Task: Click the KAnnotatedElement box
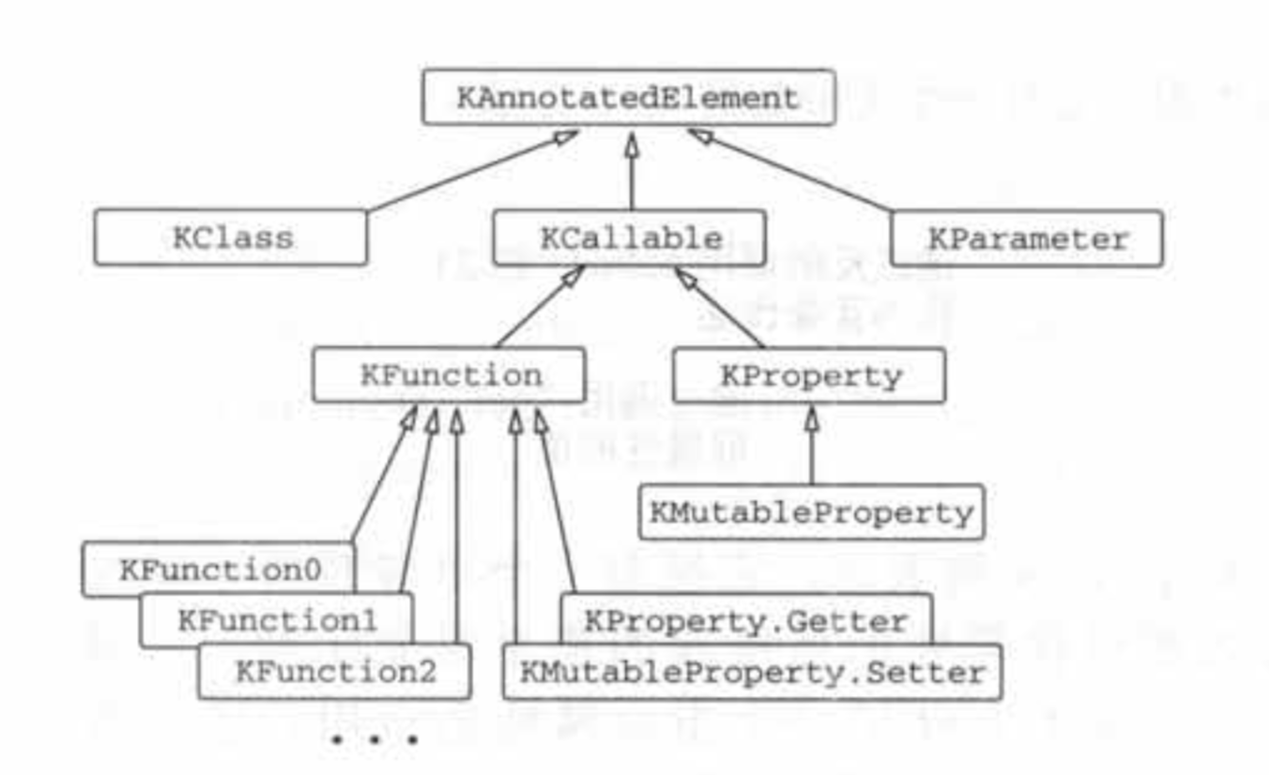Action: [628, 97]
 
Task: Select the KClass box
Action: [231, 237]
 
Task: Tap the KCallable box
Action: [630, 237]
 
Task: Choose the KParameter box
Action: [1027, 238]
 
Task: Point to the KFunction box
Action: [450, 375]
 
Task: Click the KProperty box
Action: [809, 375]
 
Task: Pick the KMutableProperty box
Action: [811, 512]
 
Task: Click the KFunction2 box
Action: [334, 672]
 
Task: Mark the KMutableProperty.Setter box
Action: [752, 672]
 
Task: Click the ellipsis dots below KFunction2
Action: [374, 739]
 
